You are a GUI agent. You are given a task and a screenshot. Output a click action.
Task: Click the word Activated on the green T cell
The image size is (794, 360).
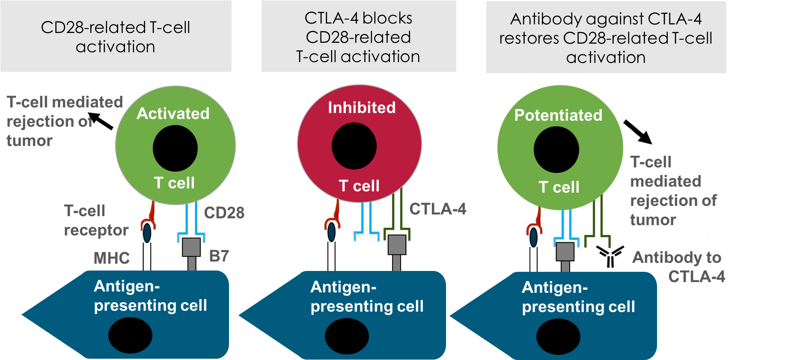pos(173,113)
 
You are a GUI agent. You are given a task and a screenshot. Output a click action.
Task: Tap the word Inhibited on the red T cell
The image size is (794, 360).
pos(362,107)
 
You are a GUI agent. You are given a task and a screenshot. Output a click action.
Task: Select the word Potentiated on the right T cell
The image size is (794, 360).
pos(558,115)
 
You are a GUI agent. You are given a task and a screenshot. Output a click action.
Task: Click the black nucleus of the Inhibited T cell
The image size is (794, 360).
pos(354,146)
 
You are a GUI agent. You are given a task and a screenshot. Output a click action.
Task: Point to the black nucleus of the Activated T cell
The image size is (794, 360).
pos(175,148)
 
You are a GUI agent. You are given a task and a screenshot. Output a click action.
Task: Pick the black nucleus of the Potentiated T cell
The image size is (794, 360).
pos(556,150)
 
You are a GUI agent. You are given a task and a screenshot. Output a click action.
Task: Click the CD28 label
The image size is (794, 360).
pos(224,213)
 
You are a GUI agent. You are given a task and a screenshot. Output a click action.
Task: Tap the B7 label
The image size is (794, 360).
pos(219,256)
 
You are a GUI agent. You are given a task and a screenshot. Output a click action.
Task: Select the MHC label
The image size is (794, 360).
pos(111,258)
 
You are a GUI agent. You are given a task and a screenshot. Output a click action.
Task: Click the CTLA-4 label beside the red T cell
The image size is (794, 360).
pos(437,209)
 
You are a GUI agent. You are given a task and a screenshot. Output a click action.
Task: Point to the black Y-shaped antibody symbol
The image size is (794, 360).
pos(610,256)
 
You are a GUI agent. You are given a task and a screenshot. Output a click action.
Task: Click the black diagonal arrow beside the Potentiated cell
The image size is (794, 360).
pos(637,131)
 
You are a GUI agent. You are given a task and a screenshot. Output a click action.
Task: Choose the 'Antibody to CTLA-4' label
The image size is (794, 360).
pos(678,267)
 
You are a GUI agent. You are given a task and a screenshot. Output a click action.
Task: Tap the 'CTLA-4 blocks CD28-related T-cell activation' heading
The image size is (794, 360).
pos(358,37)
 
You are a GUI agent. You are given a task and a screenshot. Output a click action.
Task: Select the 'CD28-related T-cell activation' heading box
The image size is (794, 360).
pos(116,37)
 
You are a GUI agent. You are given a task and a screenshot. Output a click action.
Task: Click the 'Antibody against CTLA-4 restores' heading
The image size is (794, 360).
pos(606,38)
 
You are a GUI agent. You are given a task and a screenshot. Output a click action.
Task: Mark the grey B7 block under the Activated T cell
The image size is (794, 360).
pos(191,247)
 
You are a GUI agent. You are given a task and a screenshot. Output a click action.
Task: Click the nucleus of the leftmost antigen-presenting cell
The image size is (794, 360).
pos(130,336)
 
